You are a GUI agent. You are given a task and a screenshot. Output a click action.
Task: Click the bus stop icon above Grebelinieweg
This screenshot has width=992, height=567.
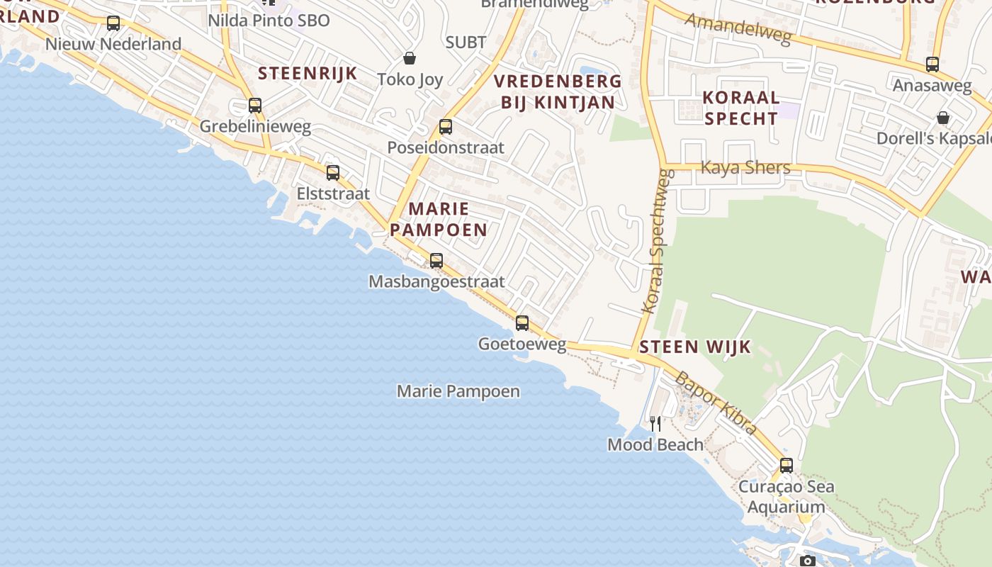pos(255,106)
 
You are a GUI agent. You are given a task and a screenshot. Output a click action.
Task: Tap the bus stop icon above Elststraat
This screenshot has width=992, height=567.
pos(333,172)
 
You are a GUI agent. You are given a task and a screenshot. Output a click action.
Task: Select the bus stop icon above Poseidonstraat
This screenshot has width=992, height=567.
pos(446,127)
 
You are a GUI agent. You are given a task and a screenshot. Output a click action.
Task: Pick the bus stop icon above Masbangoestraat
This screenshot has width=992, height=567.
pos(436,260)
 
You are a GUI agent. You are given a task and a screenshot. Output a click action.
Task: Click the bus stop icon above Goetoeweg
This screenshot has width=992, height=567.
pos(522,323)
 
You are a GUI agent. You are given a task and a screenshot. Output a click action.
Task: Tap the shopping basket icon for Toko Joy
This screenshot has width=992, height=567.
pos(409,57)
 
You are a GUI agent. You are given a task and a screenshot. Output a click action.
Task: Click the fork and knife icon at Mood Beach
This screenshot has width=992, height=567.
pos(655,424)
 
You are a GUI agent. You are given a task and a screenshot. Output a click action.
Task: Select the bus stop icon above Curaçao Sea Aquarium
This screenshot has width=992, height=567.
pos(787,466)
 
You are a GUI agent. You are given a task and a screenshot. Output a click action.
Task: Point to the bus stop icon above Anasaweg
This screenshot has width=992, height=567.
pos(932,64)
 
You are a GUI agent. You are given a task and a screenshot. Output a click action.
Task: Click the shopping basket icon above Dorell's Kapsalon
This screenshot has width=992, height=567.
pos(943,117)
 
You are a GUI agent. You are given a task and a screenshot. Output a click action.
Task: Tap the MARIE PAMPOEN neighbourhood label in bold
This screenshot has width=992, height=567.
pos(439,219)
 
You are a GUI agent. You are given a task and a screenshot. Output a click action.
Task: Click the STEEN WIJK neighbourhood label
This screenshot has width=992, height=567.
pos(695,347)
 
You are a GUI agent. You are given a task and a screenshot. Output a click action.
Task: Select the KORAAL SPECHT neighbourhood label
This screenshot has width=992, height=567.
pos(741,108)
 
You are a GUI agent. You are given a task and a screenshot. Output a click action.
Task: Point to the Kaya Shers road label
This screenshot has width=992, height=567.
pos(745,167)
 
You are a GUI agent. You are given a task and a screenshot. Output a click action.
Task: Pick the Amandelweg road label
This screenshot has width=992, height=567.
pos(738,28)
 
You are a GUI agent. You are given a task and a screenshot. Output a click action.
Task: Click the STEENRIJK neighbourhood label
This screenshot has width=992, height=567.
pos(308,73)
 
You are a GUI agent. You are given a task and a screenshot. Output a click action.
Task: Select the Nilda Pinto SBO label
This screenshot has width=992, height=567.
pos(269,21)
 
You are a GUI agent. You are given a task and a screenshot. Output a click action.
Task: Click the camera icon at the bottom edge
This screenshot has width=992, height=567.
pos(807,561)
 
